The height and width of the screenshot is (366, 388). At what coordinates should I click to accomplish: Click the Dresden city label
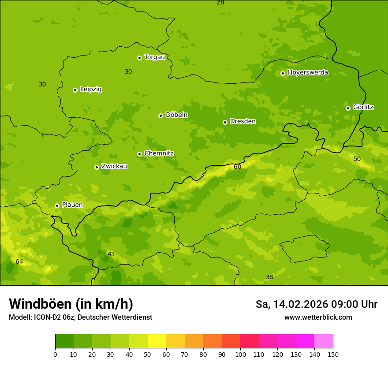tap(242, 121)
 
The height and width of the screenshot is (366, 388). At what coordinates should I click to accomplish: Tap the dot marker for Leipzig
tap(75, 90)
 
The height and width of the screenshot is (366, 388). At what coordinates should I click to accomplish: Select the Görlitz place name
tap(363, 107)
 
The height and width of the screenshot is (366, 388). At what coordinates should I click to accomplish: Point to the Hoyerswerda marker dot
tap(283, 73)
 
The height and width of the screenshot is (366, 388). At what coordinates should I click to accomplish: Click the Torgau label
tap(154, 57)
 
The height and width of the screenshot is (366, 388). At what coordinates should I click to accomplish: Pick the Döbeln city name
tap(176, 115)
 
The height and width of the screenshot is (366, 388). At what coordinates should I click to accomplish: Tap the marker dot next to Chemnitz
tap(139, 154)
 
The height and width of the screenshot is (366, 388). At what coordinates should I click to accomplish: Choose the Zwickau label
tap(114, 166)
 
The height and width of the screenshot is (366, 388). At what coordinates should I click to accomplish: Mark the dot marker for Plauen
tap(57, 205)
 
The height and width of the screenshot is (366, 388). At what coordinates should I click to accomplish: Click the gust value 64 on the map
tap(19, 261)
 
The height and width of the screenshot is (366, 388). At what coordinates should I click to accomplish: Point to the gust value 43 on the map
tap(111, 254)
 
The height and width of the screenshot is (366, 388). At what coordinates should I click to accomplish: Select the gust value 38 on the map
tap(269, 277)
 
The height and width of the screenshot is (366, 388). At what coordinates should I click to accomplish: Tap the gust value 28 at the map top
tap(220, 3)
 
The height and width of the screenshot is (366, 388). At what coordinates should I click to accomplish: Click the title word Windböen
tap(40, 304)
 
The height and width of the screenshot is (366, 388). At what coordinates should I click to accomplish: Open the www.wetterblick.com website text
tap(318, 317)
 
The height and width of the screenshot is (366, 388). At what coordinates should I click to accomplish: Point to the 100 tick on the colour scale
tap(240, 354)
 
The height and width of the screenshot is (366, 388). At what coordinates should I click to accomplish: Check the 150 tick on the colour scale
tap(333, 354)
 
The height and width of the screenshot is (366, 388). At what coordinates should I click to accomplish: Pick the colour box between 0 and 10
tap(64, 341)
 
